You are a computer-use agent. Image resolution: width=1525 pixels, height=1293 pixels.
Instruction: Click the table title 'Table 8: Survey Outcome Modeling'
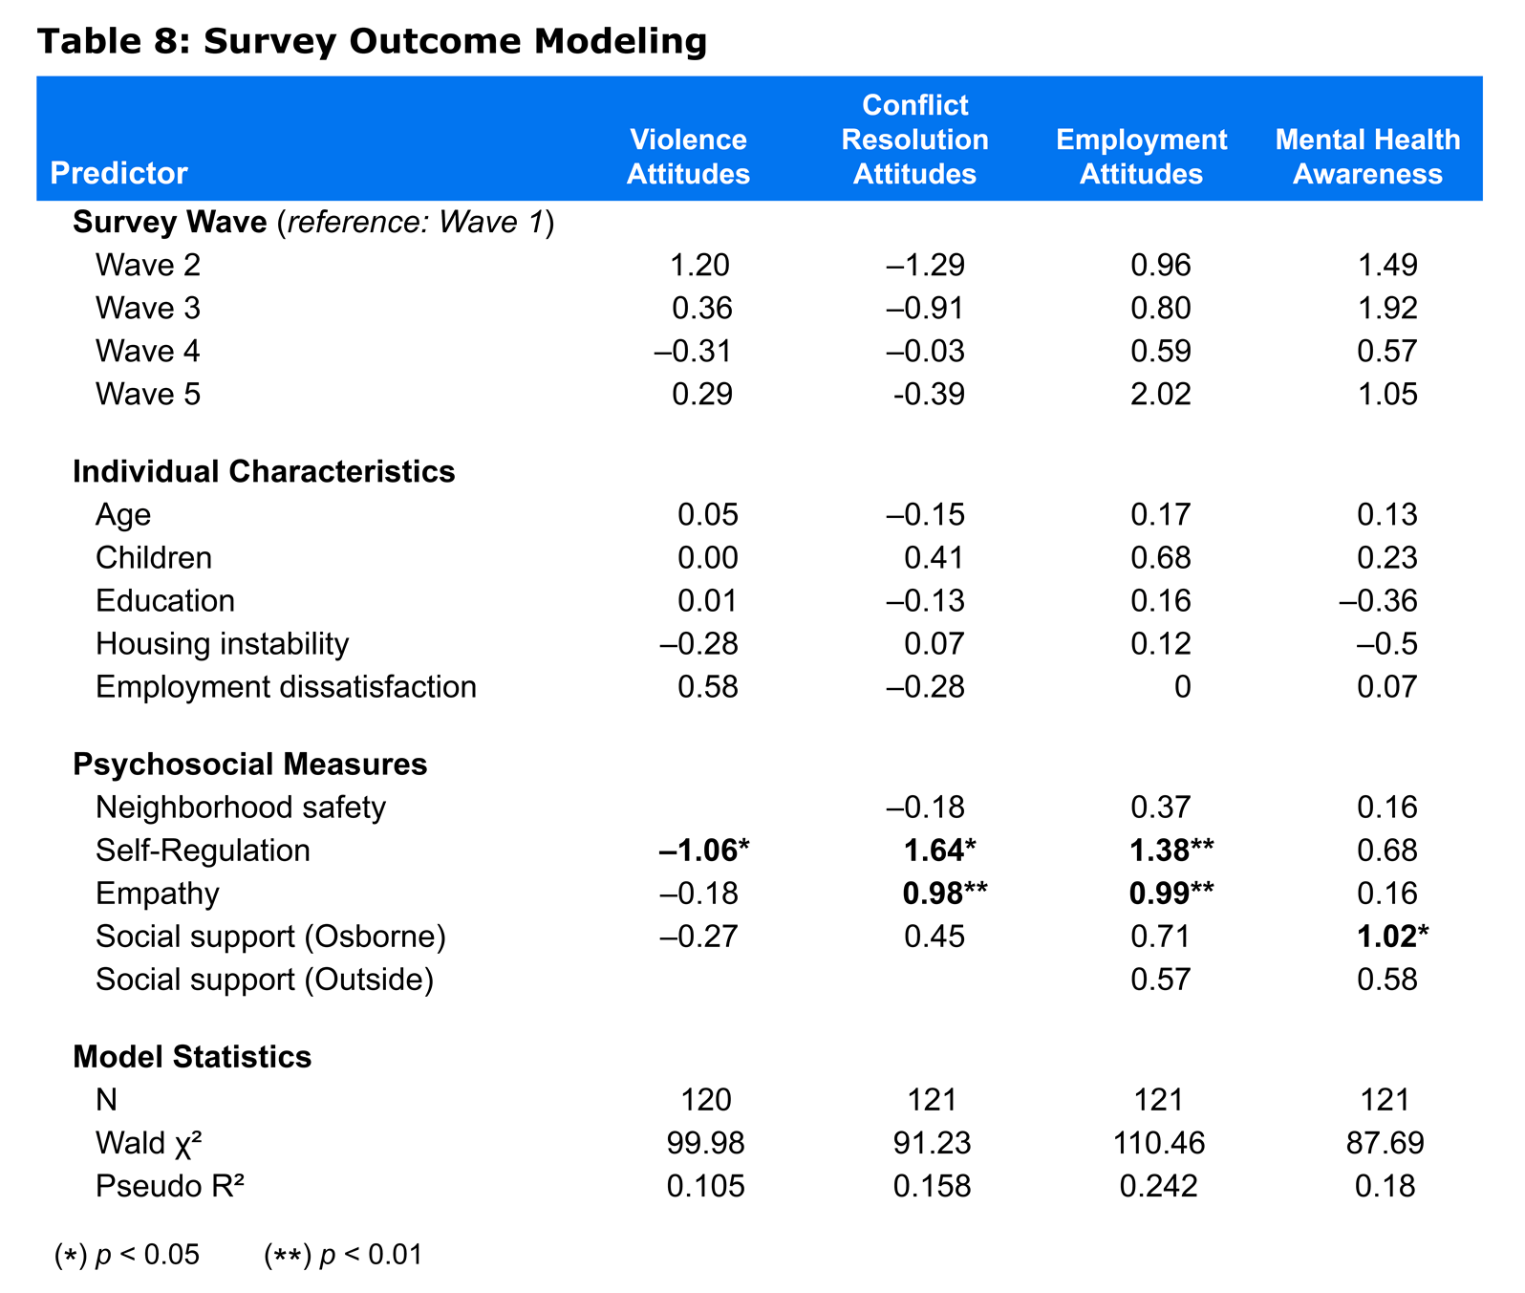(x=373, y=42)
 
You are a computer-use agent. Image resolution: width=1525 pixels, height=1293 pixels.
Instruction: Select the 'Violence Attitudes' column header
(x=688, y=157)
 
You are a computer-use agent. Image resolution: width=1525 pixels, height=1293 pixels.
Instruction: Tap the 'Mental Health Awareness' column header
(x=1367, y=157)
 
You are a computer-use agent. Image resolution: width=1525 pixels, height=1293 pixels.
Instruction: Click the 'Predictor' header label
(x=118, y=173)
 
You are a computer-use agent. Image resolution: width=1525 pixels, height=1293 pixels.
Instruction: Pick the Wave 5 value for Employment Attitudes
(x=1161, y=395)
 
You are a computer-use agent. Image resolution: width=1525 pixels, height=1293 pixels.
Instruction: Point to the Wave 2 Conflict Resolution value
(x=925, y=265)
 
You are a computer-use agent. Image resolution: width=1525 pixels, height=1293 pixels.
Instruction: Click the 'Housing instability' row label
(x=223, y=644)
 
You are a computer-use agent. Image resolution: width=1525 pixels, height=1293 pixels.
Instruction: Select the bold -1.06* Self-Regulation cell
(x=702, y=851)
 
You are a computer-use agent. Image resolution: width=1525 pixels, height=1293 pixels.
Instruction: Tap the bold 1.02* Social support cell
(x=1393, y=937)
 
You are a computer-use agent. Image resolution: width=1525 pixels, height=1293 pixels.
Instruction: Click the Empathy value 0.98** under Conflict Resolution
(x=945, y=894)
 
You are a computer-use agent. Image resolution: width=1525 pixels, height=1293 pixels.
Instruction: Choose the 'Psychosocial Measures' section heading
(x=250, y=765)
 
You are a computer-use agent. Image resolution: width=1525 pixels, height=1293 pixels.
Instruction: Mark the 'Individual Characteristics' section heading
(x=264, y=472)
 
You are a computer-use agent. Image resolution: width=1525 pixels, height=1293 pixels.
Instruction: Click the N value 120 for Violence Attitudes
(x=706, y=1100)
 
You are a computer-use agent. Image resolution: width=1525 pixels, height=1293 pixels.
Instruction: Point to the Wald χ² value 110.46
(x=1159, y=1143)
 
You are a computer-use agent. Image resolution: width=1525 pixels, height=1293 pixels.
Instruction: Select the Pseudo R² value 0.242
(x=1159, y=1186)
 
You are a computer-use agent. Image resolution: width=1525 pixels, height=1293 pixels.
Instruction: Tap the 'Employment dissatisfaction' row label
(x=286, y=687)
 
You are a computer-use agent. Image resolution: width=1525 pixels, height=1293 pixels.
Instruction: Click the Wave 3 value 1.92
(x=1387, y=309)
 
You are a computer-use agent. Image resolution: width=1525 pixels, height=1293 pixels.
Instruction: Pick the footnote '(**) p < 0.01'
(x=343, y=1255)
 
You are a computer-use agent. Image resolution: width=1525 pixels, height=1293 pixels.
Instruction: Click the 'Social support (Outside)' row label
(x=265, y=980)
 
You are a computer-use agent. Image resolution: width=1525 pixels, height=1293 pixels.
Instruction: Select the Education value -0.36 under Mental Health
(x=1378, y=601)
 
